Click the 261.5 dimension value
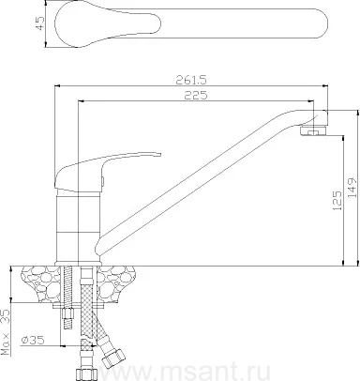[x=191, y=80]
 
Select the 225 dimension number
[x=196, y=95]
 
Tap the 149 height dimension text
[x=352, y=188]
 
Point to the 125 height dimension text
[x=337, y=200]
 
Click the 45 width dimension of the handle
[x=40, y=23]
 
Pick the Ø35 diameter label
[x=33, y=340]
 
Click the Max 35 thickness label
[x=6, y=332]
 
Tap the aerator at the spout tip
[x=313, y=130]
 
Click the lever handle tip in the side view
[x=159, y=154]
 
